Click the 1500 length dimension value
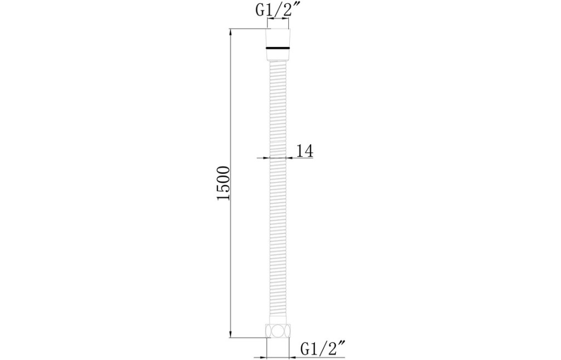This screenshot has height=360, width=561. pyautogui.click(x=224, y=183)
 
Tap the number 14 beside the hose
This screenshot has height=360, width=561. pyautogui.click(x=305, y=151)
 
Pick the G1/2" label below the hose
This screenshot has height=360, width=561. pyautogui.click(x=323, y=348)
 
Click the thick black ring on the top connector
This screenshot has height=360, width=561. pyautogui.click(x=278, y=47)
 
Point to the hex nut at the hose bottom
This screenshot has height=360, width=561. pyautogui.click(x=278, y=330)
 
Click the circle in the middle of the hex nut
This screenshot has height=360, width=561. pyautogui.click(x=278, y=330)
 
